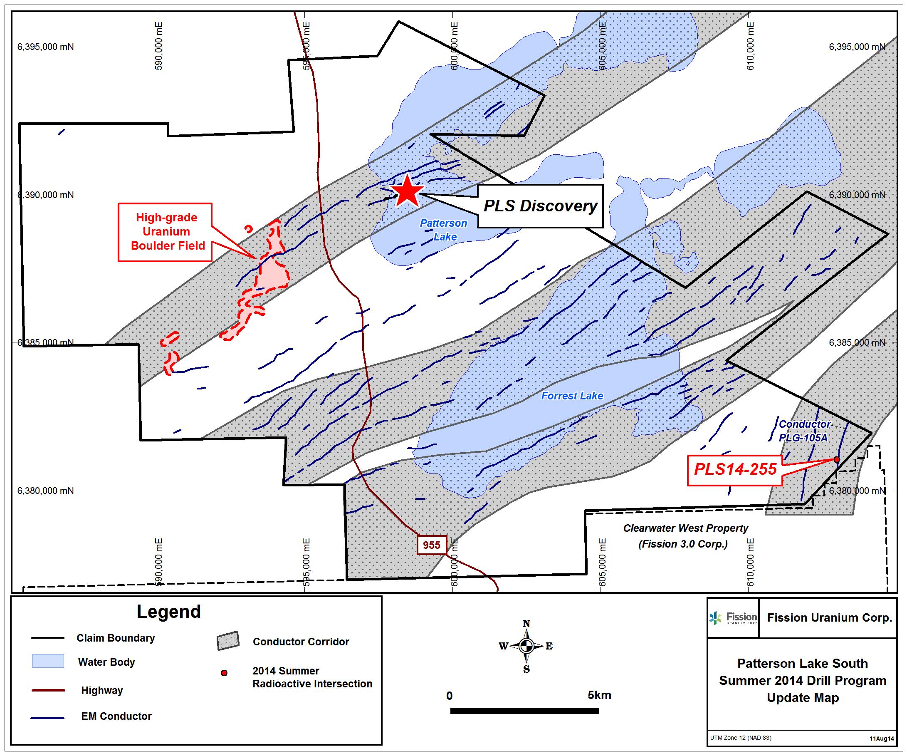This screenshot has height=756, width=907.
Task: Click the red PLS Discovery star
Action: coord(407,191)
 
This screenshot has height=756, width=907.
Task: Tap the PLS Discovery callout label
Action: coord(540,206)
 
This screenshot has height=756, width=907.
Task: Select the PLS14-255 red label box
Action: coord(735,471)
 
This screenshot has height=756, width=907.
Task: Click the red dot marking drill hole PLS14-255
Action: coord(837,459)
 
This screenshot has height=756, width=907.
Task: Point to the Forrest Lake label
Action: coord(572,396)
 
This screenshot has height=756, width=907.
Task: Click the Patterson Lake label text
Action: coord(444,230)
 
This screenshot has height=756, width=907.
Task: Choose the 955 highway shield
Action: coord(432,545)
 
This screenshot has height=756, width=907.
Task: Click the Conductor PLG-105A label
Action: coord(804,431)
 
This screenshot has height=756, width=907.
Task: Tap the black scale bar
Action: coord(524,711)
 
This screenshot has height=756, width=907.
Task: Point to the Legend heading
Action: coord(169,612)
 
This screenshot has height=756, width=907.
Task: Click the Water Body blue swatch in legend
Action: coord(48,661)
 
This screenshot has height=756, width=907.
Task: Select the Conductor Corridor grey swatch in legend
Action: coord(228,641)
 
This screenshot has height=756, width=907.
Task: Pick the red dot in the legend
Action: coord(224,673)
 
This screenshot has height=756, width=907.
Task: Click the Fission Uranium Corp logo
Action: coord(733,618)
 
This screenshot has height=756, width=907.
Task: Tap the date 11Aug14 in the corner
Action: coord(882,739)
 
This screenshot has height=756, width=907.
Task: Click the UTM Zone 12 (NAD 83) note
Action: coord(741,737)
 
